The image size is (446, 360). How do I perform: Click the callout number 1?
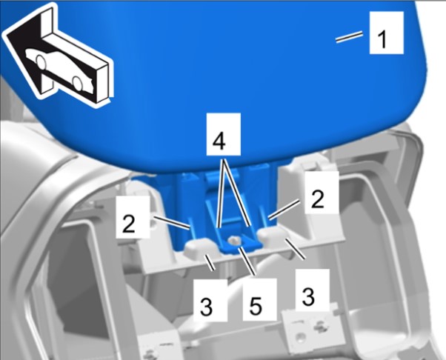click(387, 33)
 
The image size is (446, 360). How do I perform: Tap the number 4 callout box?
click(224, 134)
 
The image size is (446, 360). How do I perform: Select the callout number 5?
click(260, 300)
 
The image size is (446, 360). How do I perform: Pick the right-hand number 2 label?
click(322, 193)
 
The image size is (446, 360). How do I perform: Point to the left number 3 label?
click(210, 300)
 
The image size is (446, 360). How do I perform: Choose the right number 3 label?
click(313, 290)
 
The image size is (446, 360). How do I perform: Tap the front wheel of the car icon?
click(41, 62)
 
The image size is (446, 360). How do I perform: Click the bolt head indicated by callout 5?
click(235, 241)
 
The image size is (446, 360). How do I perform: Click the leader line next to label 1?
click(349, 37)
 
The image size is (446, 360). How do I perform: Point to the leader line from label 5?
click(247, 261)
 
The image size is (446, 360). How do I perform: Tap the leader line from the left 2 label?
click(172, 223)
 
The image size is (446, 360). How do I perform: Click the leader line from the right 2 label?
click(284, 210)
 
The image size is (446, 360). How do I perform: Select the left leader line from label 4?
click(221, 194)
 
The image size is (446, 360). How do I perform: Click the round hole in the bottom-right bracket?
click(299, 338)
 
